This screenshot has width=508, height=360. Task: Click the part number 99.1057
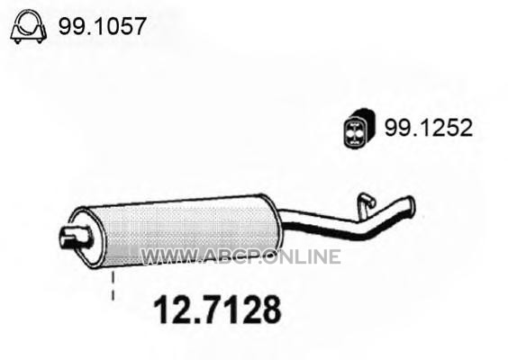[x=102, y=26]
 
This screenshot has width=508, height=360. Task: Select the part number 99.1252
[x=429, y=128]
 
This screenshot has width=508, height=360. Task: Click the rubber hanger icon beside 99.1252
[x=358, y=129]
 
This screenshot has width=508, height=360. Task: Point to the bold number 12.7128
[x=217, y=310]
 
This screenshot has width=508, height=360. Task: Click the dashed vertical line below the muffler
[x=113, y=286]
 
